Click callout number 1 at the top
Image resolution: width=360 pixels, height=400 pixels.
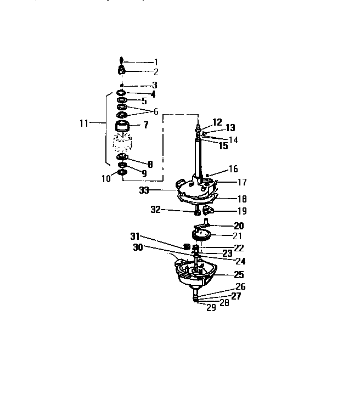[156, 61]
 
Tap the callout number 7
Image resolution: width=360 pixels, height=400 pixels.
[146, 125]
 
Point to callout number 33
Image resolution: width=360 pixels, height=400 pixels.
[144, 190]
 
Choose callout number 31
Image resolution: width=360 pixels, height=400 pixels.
[134, 236]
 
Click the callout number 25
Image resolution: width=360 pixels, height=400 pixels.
[239, 274]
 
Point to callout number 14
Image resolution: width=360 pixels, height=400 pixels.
[233, 140]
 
